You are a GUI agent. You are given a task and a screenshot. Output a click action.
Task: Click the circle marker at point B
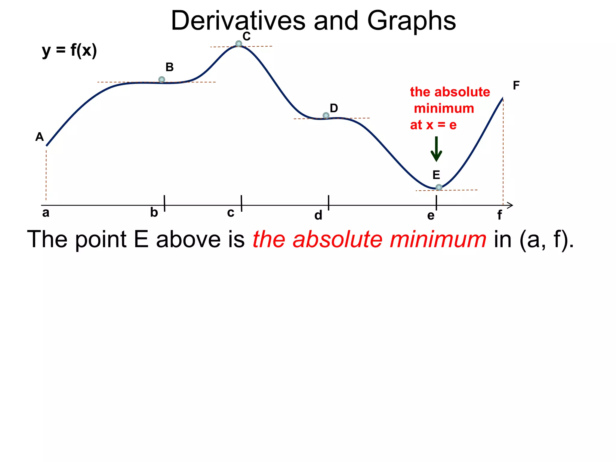(x=162, y=80)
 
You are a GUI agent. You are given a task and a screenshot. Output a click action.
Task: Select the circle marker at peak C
(x=239, y=44)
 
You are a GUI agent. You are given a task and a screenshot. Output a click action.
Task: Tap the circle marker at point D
(x=326, y=115)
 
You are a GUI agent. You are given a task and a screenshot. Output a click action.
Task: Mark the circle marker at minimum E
(x=439, y=187)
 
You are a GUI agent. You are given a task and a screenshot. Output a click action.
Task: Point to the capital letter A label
(x=39, y=137)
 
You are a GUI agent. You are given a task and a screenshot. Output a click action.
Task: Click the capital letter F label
(x=516, y=86)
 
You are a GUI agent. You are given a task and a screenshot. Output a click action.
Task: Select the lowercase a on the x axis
(x=46, y=213)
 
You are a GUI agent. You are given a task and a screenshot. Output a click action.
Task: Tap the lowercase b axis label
(x=154, y=213)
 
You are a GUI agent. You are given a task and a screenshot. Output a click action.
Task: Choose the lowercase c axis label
(x=231, y=213)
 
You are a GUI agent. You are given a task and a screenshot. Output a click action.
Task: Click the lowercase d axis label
(x=318, y=215)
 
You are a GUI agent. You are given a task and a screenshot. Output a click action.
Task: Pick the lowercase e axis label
(x=431, y=216)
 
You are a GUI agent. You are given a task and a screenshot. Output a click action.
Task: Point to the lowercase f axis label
(x=500, y=215)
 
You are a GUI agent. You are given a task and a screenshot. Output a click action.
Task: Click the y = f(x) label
(x=69, y=51)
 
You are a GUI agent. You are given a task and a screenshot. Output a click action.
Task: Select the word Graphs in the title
(x=411, y=21)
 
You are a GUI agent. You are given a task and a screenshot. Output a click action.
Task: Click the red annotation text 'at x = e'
(x=433, y=125)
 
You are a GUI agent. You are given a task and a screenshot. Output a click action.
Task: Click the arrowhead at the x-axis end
(x=510, y=205)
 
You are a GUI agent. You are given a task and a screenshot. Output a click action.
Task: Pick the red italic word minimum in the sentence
(x=438, y=239)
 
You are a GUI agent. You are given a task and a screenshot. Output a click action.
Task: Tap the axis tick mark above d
(x=328, y=203)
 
